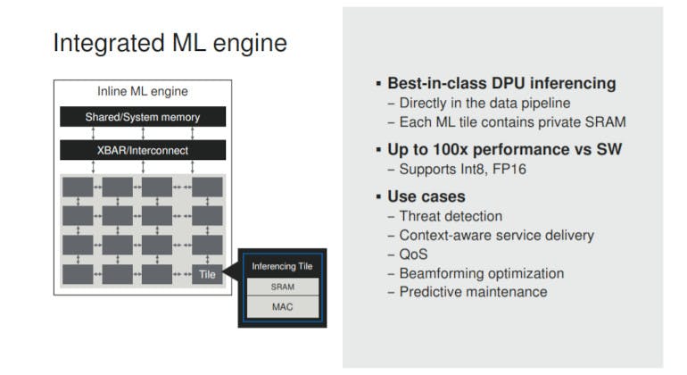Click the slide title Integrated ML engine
(170, 44)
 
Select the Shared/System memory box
(143, 117)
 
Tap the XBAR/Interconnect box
(143, 150)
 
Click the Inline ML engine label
(143, 92)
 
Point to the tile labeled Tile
(206, 274)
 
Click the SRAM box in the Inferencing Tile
(282, 287)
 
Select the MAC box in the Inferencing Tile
(282, 308)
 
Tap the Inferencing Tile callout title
(282, 266)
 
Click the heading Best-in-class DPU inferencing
(501, 83)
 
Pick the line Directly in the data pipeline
(479, 103)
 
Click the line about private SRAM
(506, 121)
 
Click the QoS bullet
(413, 254)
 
